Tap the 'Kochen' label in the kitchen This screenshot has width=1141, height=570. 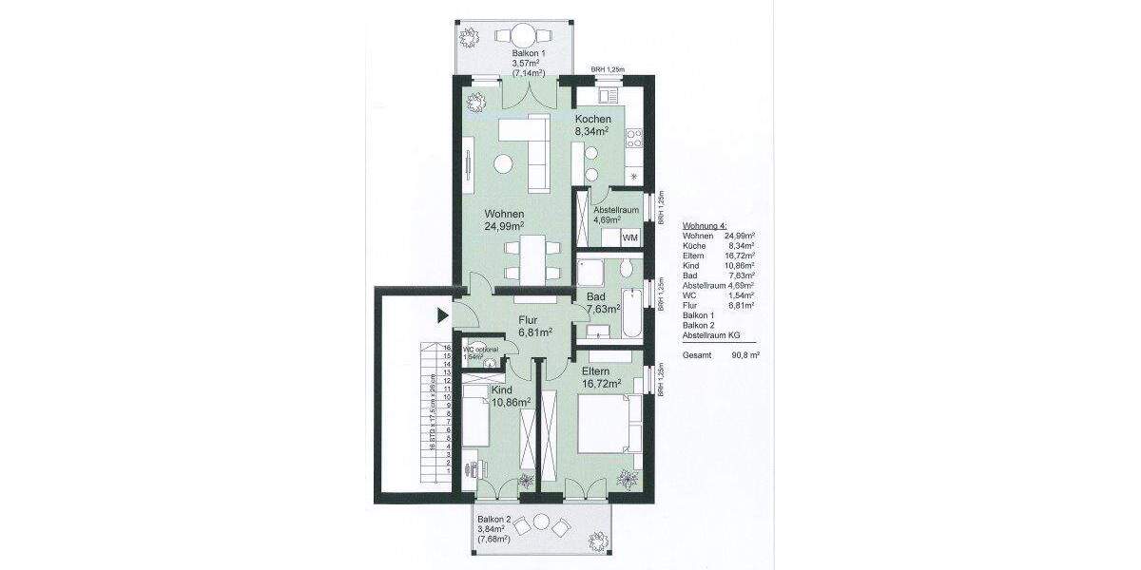(592, 120)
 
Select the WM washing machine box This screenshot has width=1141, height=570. (629, 237)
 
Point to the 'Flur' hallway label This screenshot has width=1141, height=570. (530, 320)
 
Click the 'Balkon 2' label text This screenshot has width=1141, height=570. (494, 520)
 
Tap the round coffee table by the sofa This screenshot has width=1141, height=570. (503, 164)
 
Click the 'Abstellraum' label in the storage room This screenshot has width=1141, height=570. (615, 209)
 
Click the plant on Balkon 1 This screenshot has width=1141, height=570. (468, 37)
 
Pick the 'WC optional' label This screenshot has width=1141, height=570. (481, 350)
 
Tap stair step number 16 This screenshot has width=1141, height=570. (446, 349)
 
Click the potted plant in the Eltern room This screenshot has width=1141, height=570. (627, 478)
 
